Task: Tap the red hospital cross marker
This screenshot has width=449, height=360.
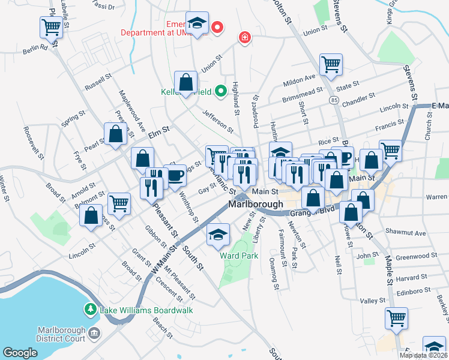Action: pos(244,38)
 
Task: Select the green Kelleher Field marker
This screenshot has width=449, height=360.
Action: pos(220,91)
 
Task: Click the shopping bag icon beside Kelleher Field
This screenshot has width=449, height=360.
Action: pos(186,81)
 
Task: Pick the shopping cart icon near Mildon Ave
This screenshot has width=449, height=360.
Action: pos(331,64)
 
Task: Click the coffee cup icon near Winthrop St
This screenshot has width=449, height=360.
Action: pos(175,176)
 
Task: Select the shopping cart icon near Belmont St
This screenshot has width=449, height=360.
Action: pos(119,203)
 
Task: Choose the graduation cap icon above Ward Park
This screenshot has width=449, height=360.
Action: pos(218,233)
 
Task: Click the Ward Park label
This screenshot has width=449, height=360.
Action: pos(238,256)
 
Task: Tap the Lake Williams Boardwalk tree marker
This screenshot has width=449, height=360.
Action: pos(90,309)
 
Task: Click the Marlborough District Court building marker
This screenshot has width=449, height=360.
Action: pos(93,332)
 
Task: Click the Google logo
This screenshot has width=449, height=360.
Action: pos(20,353)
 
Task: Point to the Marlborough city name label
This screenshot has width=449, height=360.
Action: pos(256,205)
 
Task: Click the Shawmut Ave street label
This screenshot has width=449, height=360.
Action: pos(406,233)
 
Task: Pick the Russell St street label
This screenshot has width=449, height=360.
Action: pos(98,82)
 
